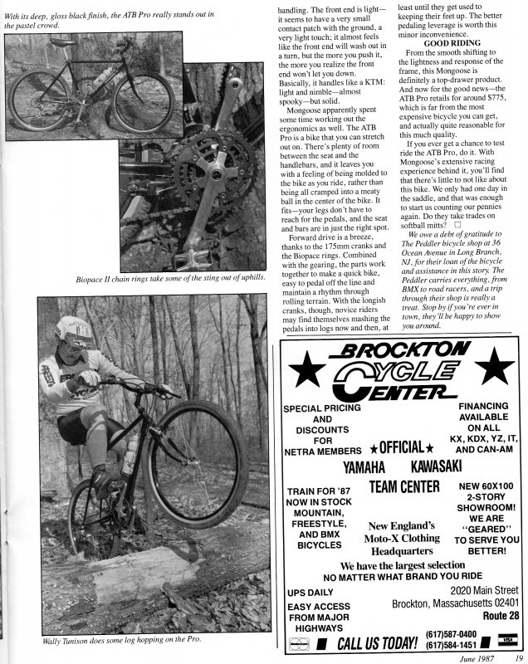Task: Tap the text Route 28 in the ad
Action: pos(501,616)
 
